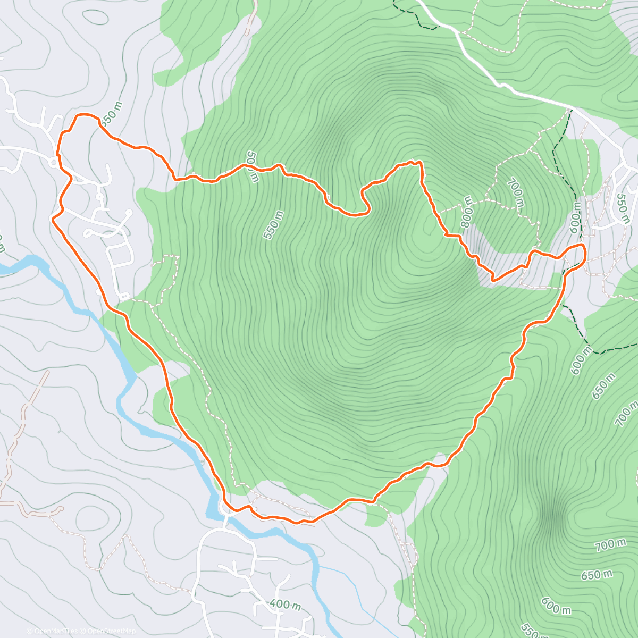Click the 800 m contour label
click(467, 212)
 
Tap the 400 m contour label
click(285, 605)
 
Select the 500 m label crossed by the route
click(252, 166)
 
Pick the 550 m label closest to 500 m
click(273, 225)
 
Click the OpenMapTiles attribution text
click(52, 631)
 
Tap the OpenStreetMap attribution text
click(111, 631)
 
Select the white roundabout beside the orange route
click(54, 163)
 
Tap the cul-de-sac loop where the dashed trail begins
click(124, 296)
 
